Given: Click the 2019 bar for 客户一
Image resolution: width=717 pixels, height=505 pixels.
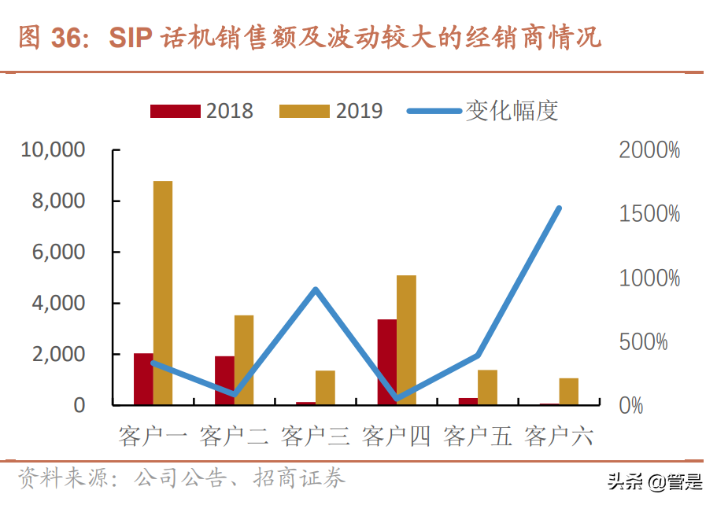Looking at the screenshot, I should coord(163,293).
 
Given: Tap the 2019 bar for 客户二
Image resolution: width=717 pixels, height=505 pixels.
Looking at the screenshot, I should coord(244,359).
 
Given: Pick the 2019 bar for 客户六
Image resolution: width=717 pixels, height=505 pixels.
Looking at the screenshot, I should coord(568,391).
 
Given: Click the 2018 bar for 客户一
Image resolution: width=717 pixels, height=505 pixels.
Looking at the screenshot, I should coord(143,379).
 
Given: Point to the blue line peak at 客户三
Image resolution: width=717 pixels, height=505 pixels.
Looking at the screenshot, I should coord(315,290).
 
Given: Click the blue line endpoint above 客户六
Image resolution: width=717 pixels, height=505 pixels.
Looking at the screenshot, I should coord(559,208).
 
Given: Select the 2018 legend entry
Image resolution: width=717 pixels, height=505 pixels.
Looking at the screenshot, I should coord(202,111).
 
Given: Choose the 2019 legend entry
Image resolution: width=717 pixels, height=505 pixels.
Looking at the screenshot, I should coord(331,111).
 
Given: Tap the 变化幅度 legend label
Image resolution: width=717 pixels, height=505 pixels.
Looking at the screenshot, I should coord(512,111).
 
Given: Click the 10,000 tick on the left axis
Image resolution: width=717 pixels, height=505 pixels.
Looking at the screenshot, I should coord(53,150).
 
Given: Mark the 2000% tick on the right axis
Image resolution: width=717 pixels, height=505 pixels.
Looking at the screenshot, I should coord(649,150).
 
